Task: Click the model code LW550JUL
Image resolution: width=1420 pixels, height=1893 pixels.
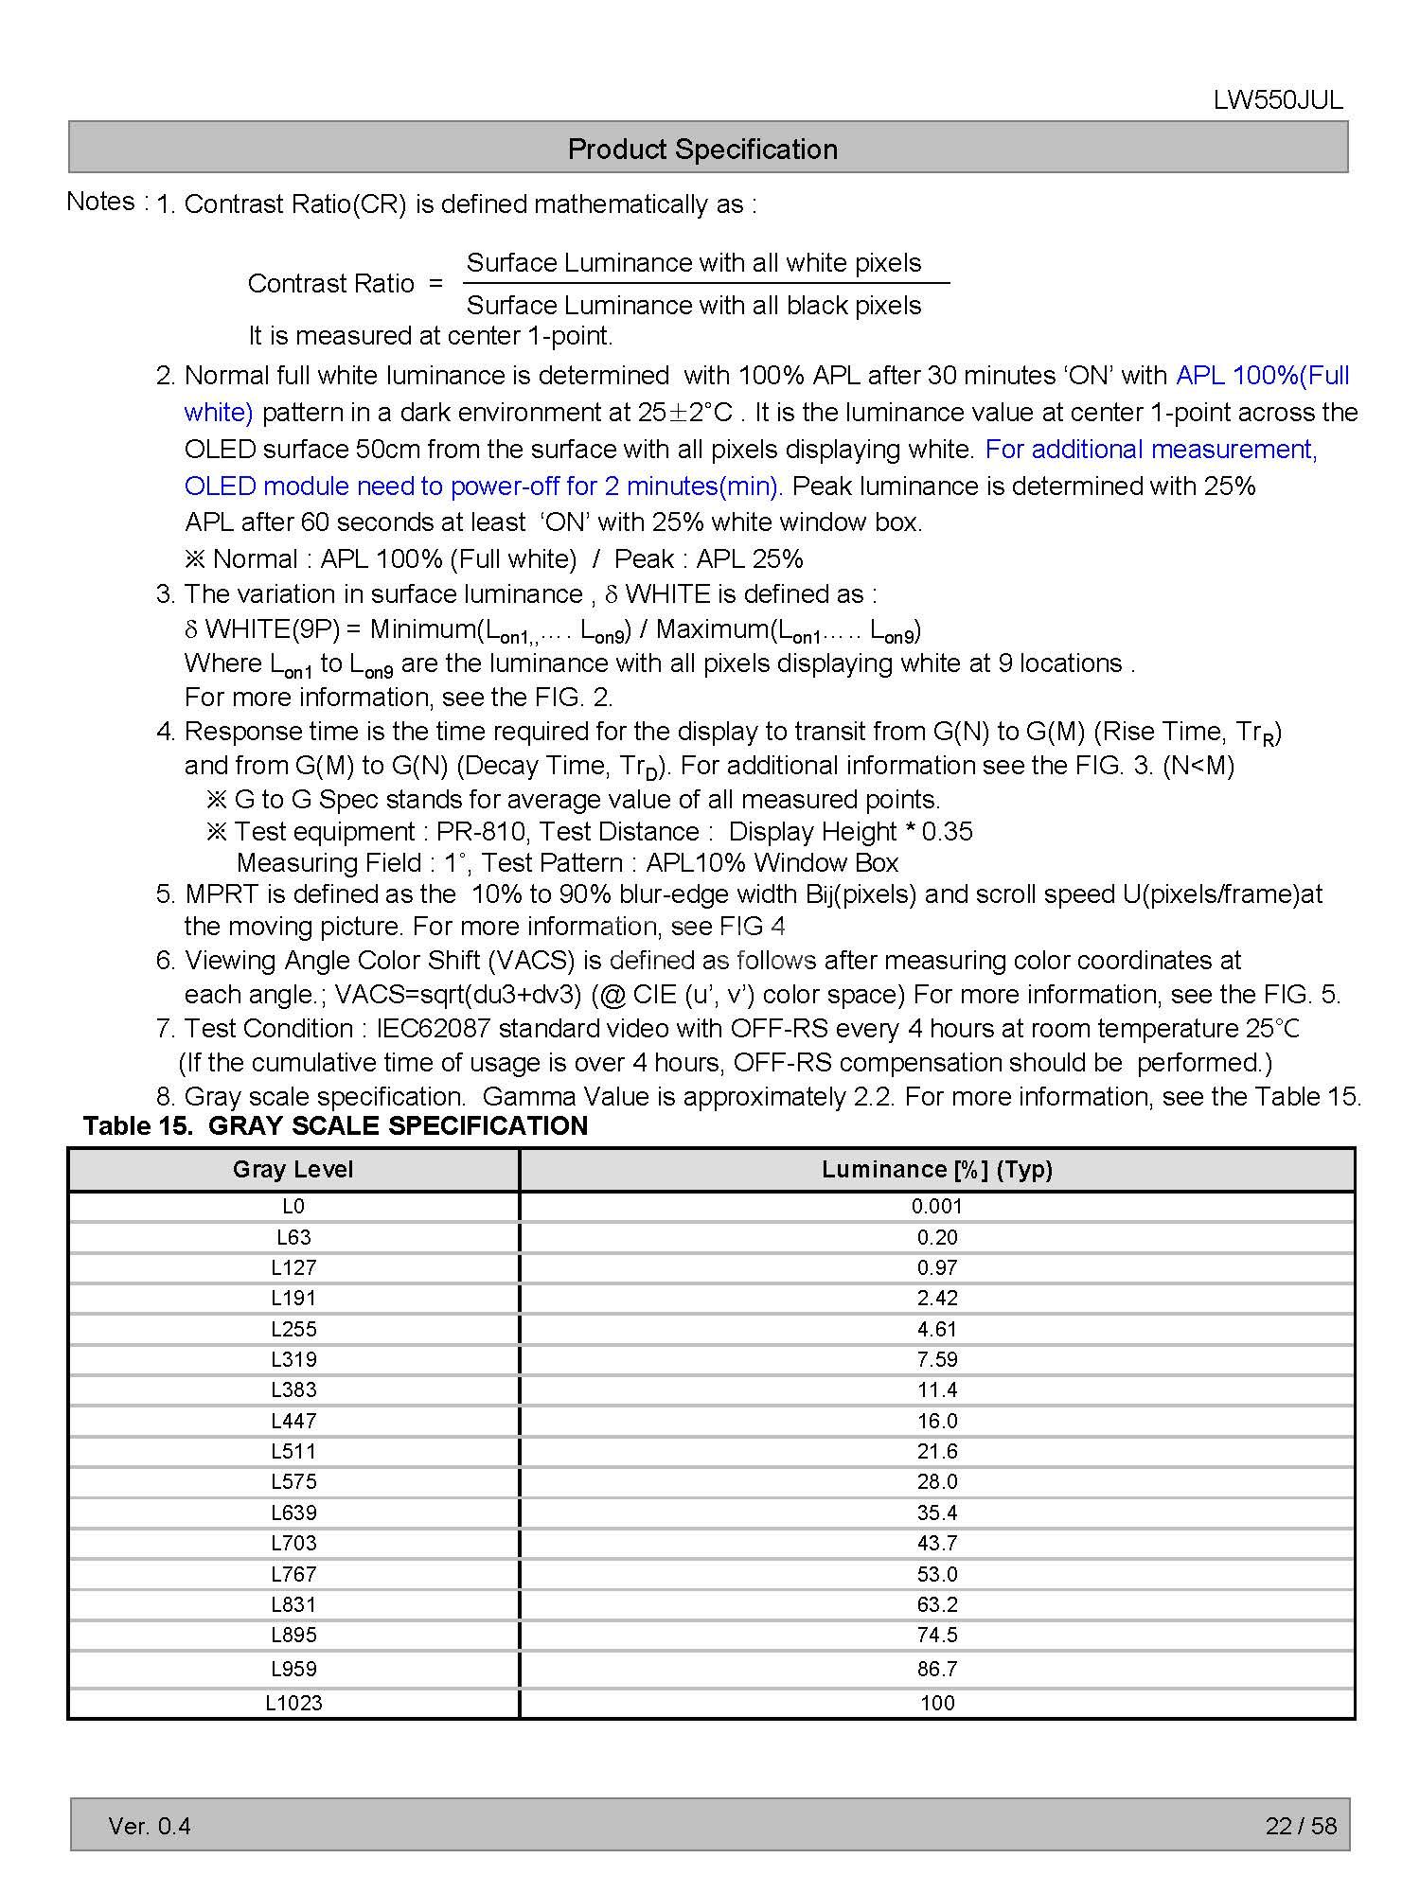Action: point(1277,100)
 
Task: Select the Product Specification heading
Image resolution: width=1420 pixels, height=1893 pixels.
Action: point(702,149)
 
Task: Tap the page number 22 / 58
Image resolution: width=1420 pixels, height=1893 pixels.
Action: point(1301,1826)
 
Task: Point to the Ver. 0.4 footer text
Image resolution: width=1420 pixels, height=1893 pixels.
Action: point(150,1826)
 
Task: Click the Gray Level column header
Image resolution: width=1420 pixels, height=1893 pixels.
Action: point(293,1170)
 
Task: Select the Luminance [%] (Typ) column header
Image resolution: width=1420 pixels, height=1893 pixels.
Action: point(937,1170)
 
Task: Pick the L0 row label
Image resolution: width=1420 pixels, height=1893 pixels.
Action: point(293,1206)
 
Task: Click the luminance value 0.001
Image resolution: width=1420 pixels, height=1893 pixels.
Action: point(937,1206)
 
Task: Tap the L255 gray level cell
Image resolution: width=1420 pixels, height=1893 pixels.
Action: point(293,1329)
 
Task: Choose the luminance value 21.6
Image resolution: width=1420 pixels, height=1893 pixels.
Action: point(937,1451)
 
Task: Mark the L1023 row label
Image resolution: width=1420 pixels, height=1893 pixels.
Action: point(293,1703)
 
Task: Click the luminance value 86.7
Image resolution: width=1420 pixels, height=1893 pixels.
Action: point(937,1669)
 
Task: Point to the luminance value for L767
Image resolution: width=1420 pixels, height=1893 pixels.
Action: point(937,1574)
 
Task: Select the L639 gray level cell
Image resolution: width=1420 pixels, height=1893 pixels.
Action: point(293,1513)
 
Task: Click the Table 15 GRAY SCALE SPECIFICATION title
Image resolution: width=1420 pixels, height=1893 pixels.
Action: point(335,1125)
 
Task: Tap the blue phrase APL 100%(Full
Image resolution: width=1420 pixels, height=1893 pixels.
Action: point(1262,376)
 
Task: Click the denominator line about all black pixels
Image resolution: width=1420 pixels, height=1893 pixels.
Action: point(694,306)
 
